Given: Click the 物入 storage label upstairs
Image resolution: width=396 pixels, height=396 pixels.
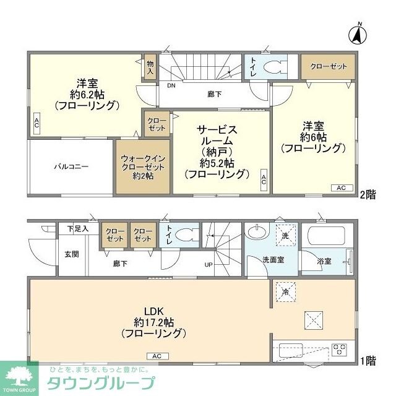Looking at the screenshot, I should pos(150,67).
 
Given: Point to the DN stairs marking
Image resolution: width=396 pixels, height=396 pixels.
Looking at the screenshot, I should pos(170,87).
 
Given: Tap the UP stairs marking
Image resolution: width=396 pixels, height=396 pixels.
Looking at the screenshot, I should pos(209,265).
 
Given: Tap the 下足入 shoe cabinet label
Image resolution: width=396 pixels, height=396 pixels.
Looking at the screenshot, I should pos(78,229).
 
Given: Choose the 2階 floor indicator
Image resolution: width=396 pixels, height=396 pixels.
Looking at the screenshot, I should pos(368,193).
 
